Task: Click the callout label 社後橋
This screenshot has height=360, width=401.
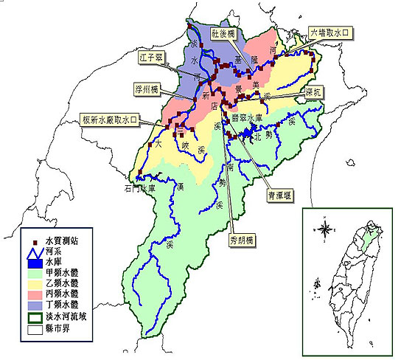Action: tap(222, 34)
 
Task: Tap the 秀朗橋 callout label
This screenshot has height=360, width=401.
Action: tap(240, 240)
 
